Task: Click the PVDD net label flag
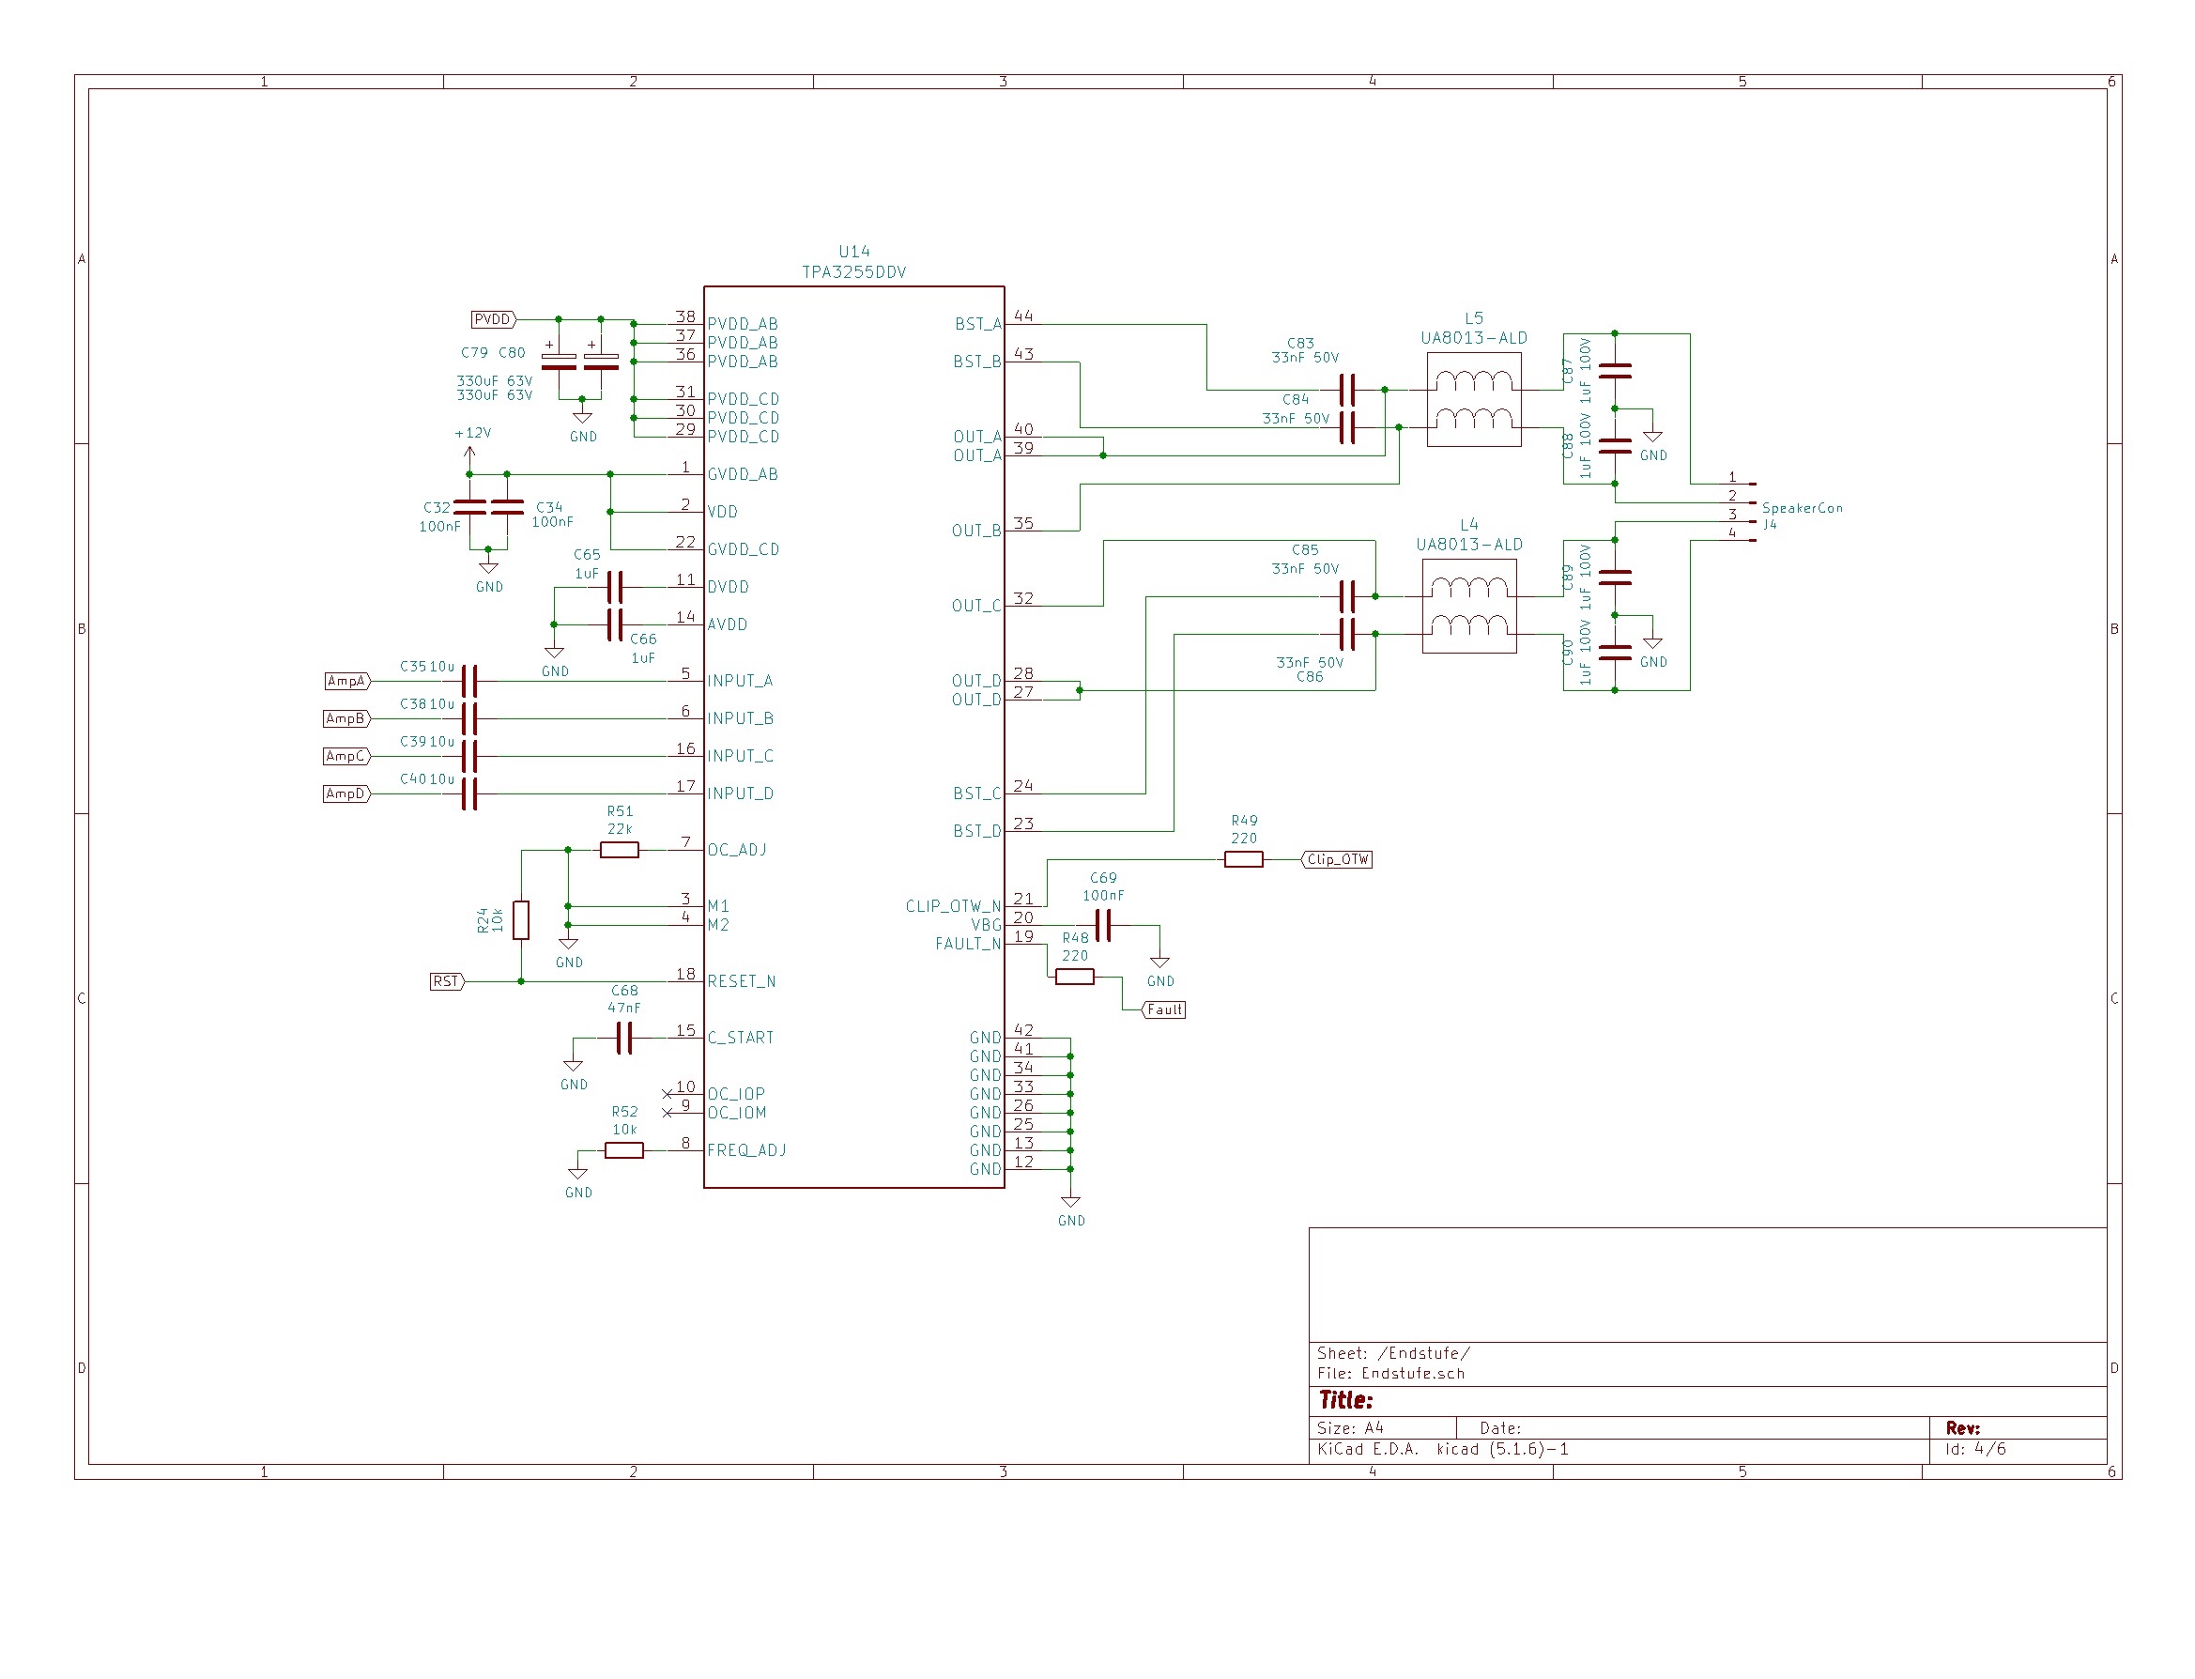(x=493, y=320)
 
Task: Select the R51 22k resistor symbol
(x=619, y=851)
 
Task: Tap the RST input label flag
(x=446, y=982)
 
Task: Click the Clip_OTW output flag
(x=1338, y=860)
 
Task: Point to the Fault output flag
(x=1164, y=1010)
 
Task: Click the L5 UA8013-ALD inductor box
(x=1474, y=400)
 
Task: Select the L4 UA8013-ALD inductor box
(x=1468, y=607)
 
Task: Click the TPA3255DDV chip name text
(x=853, y=271)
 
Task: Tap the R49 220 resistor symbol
(x=1243, y=860)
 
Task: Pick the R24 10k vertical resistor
(x=520, y=920)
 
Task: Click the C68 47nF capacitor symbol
(x=623, y=1040)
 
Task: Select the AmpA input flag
(x=346, y=682)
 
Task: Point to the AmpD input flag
(x=345, y=794)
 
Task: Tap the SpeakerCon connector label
(x=1802, y=509)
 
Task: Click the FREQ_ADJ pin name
(x=746, y=1151)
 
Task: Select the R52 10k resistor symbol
(x=623, y=1151)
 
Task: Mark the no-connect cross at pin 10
(x=668, y=1094)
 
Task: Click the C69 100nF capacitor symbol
(x=1102, y=927)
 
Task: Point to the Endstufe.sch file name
(x=1413, y=1374)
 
